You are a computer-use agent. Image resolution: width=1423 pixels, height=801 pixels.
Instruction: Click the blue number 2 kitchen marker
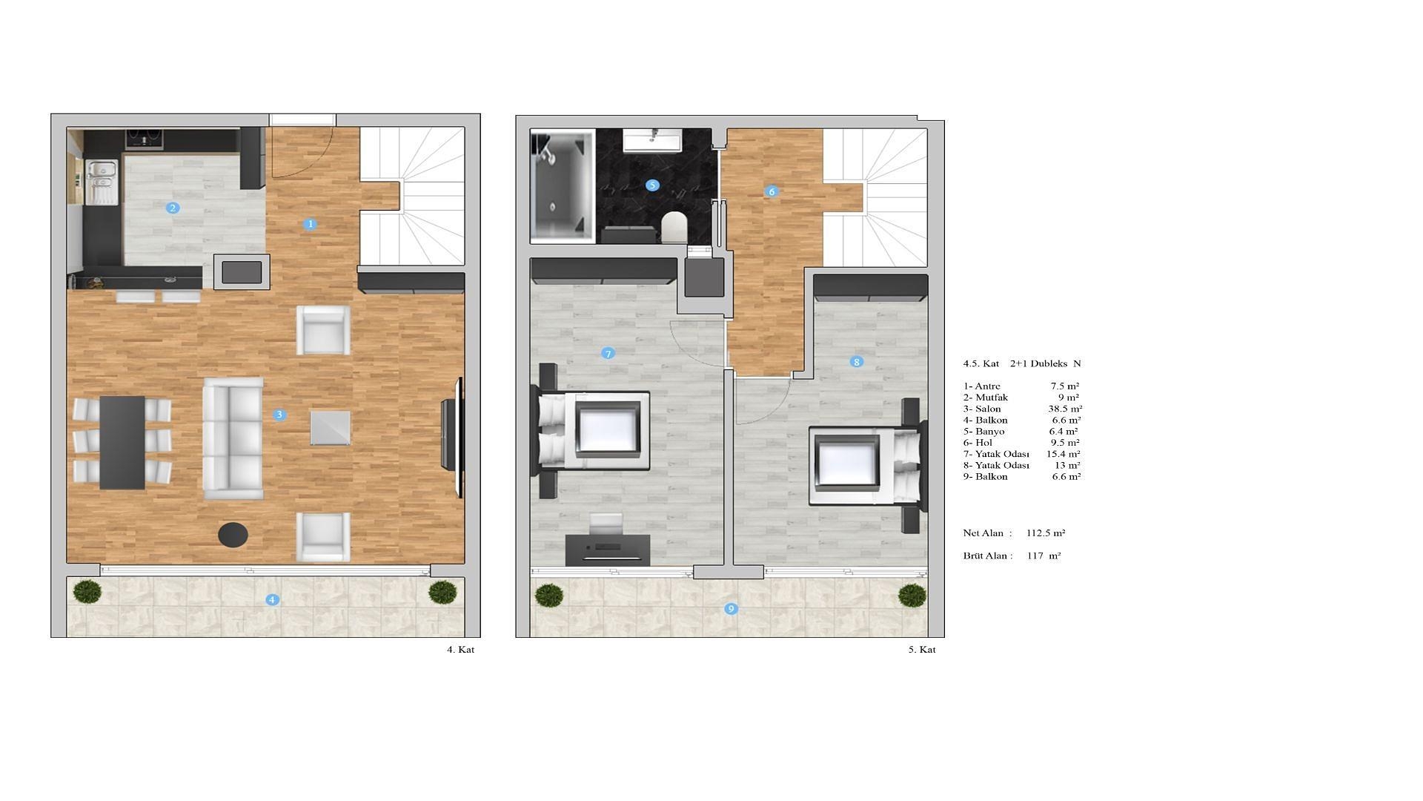coord(173,208)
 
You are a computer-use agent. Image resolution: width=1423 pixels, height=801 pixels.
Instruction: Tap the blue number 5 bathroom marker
coord(652,185)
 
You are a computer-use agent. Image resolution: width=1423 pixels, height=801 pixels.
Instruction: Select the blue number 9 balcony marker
coord(731,609)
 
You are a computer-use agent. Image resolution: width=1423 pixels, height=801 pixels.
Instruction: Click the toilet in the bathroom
coord(674,227)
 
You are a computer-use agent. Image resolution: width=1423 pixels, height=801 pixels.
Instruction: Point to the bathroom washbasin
coord(652,139)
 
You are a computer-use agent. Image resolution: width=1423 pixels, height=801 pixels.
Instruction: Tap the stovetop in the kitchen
coord(145,139)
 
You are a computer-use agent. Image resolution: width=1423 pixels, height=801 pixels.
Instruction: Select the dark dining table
coord(122,442)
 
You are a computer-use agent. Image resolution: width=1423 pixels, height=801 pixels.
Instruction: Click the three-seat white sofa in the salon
coord(233,438)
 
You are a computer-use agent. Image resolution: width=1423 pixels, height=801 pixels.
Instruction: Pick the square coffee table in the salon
coord(330,428)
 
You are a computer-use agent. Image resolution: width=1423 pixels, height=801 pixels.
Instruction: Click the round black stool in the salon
coord(233,534)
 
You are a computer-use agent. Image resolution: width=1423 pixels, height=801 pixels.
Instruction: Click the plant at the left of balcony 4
coord(87,592)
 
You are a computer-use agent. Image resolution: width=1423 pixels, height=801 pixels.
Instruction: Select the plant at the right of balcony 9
coord(912,595)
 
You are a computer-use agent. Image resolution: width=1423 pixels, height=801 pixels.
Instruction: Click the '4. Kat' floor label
coord(460,650)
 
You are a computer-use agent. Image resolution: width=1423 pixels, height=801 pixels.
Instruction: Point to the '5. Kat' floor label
coord(922,650)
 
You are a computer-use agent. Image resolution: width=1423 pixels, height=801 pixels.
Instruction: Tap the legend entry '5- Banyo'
coord(984,431)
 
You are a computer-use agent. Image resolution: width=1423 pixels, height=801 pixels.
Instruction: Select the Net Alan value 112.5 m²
coord(1046,533)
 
